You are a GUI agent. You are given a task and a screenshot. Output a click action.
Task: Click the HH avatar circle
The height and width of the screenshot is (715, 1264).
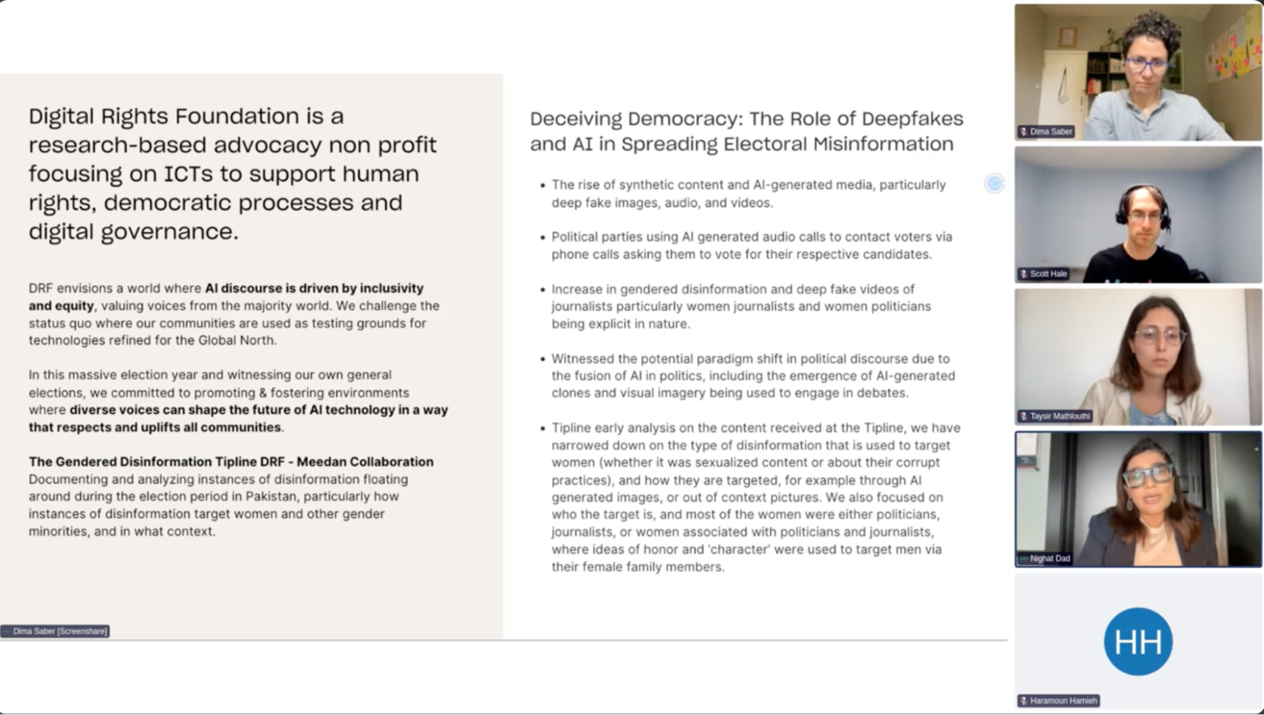1138,641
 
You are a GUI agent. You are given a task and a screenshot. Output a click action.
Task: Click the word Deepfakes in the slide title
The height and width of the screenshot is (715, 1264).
912,119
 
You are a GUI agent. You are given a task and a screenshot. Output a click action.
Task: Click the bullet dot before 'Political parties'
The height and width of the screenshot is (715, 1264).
543,238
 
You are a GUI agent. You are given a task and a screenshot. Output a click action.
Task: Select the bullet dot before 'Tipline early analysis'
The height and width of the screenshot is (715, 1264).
543,429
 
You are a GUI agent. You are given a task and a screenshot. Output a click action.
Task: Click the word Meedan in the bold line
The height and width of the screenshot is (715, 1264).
321,461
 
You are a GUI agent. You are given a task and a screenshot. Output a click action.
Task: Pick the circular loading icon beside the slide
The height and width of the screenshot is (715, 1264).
995,183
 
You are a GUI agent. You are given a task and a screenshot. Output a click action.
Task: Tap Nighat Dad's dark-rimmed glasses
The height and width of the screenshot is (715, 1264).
1148,474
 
